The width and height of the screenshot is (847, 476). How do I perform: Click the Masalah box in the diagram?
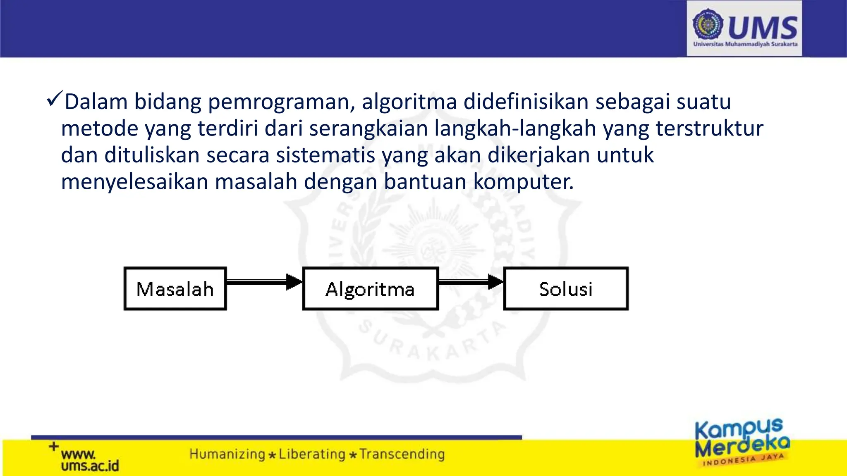175,289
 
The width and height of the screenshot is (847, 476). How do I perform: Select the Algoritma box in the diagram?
370,289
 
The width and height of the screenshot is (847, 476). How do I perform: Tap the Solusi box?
566,289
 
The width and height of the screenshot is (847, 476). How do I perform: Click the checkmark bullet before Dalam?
54,99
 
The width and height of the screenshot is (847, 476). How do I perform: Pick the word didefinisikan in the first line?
526,102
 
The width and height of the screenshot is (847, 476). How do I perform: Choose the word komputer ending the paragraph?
523,182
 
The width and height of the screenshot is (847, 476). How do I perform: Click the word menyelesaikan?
134,182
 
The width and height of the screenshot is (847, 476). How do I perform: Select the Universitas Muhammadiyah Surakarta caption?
745,44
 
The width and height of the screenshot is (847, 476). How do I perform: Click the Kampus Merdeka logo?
742,442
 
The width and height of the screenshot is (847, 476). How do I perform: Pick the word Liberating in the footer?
312,454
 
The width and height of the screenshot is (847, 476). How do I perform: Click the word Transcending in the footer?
402,454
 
